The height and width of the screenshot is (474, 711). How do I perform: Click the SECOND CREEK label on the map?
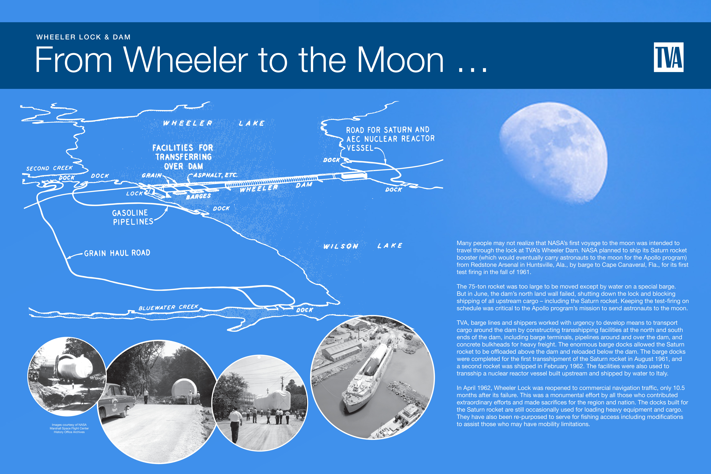click(49, 168)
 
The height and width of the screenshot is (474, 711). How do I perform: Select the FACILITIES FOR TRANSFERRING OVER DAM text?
click(183, 157)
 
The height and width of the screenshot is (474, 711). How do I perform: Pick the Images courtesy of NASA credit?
click(69, 428)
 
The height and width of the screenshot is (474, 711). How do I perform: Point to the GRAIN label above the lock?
click(152, 175)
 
